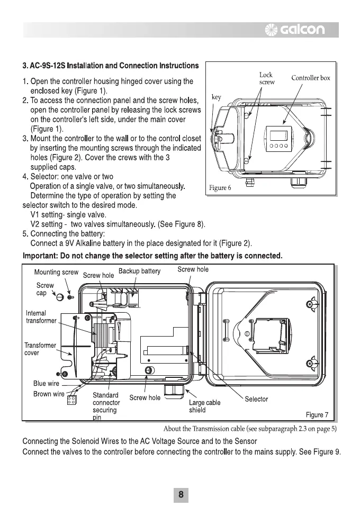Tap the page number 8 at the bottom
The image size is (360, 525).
(x=181, y=495)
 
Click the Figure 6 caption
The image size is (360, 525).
(x=220, y=188)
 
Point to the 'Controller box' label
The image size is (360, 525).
(x=311, y=78)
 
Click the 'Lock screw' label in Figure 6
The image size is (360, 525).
(x=266, y=79)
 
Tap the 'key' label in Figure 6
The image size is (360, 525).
(x=216, y=97)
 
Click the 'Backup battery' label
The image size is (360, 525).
(x=139, y=271)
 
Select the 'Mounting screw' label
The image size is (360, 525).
(x=56, y=273)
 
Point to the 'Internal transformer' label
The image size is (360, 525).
(x=41, y=317)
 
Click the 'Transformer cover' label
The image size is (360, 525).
(x=40, y=349)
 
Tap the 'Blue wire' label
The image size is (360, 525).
(x=47, y=383)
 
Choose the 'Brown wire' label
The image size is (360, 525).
(x=49, y=394)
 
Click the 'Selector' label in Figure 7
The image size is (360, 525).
(x=256, y=399)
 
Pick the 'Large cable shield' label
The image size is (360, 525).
(x=204, y=406)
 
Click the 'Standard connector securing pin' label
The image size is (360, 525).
(x=106, y=406)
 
